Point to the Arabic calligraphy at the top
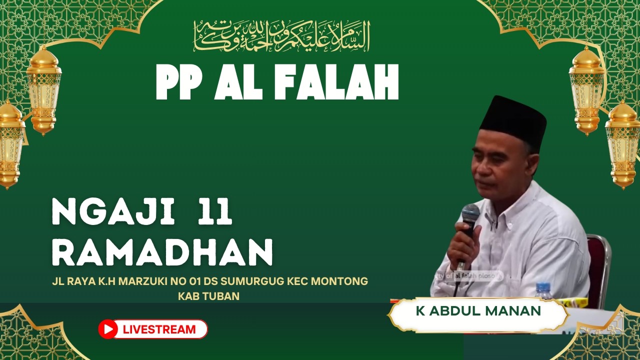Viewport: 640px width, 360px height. (281, 36)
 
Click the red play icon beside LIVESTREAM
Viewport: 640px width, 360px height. (108, 329)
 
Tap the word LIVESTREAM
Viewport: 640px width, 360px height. (159, 329)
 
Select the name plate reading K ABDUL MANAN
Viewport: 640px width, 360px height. (478, 311)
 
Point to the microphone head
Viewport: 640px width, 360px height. (470, 213)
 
